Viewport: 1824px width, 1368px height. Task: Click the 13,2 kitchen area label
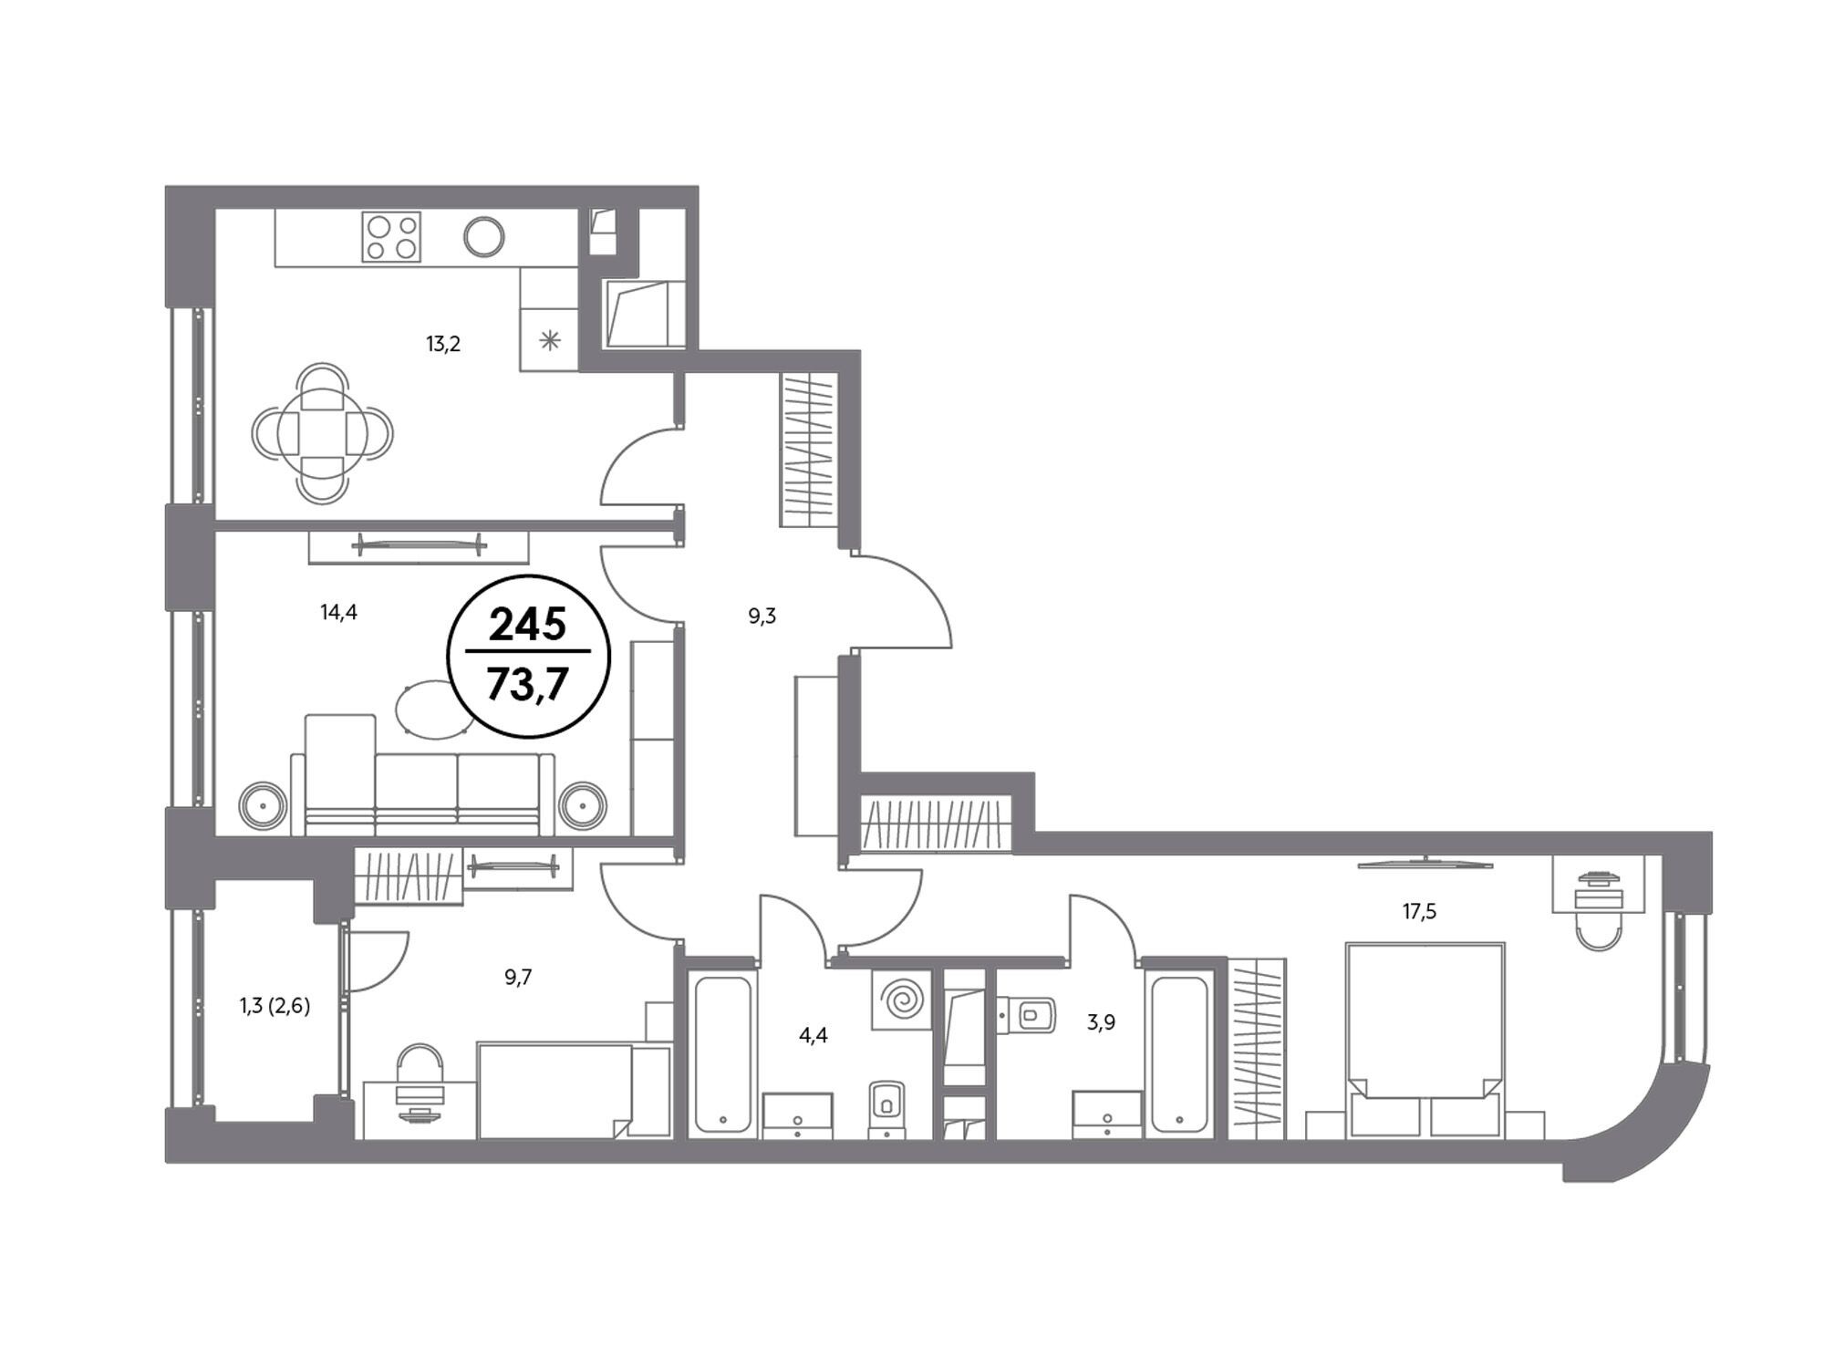tap(443, 344)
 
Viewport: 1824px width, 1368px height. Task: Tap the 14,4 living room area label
tap(338, 612)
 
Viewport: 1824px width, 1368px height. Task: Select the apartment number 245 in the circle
tap(528, 625)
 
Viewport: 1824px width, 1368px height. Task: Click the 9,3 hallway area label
tap(762, 617)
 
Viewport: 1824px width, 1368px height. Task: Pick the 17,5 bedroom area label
tap(1419, 911)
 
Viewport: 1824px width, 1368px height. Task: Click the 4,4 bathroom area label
tap(814, 1035)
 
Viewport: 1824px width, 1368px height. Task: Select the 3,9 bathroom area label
tap(1101, 1022)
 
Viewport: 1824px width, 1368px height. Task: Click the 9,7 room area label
tap(518, 978)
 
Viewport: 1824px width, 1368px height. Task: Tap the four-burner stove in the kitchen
tap(391, 237)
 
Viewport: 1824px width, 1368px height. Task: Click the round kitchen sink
tap(483, 237)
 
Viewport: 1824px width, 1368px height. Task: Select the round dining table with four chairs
tap(323, 432)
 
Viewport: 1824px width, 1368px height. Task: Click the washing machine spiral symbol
tap(901, 1000)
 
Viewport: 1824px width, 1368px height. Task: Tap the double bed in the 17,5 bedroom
tap(1425, 1040)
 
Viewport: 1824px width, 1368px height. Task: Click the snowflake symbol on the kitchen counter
tap(549, 341)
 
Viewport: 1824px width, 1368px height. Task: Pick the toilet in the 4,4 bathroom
tap(886, 1109)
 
